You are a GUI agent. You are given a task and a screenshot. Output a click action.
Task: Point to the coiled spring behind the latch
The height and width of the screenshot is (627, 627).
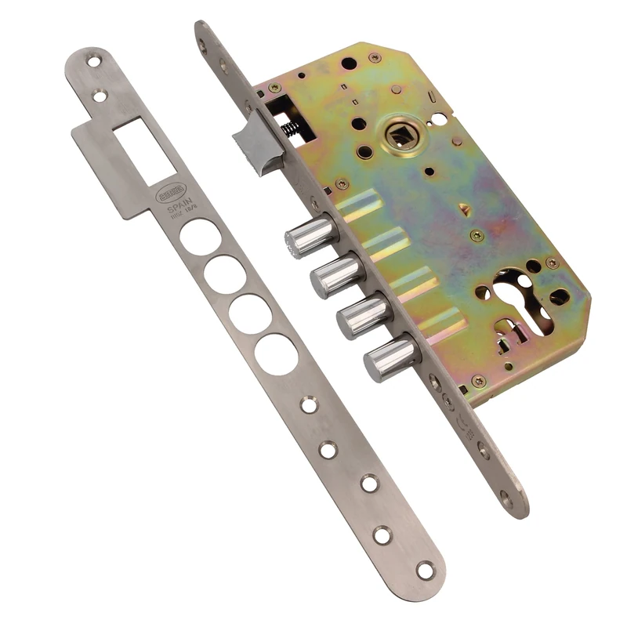click(292, 126)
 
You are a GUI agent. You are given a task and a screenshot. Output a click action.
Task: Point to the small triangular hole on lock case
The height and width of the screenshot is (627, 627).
click(466, 209)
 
